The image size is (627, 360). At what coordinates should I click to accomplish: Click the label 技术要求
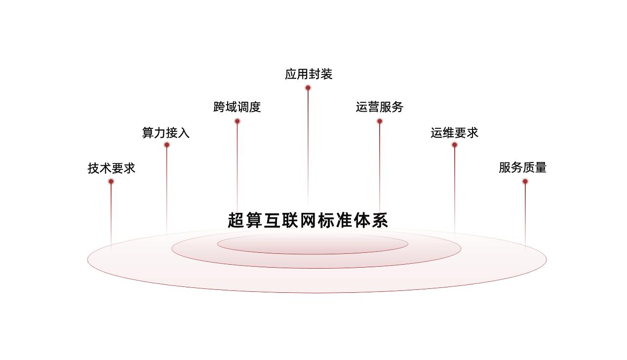point(112,168)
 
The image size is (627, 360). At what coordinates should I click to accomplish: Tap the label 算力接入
point(166,133)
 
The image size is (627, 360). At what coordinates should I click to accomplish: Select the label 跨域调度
point(237,107)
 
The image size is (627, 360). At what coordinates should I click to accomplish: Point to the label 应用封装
point(309,74)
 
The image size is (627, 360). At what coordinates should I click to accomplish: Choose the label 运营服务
point(379,107)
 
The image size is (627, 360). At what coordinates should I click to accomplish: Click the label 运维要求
point(454,133)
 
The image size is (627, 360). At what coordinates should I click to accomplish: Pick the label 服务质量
point(523,167)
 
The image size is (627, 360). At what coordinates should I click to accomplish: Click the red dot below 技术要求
point(111,182)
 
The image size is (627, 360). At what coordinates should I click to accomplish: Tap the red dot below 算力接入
point(167,145)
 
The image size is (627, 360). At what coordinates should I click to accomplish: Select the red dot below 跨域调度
point(237,121)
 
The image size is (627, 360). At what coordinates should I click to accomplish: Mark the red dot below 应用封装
point(308,88)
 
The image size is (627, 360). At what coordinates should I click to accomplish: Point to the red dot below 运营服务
point(380,121)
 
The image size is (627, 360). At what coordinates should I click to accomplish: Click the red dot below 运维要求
point(455,145)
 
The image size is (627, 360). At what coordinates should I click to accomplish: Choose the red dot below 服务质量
point(525,182)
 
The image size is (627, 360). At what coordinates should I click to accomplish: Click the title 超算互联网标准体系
point(308,220)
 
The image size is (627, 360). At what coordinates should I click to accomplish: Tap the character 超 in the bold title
point(236,220)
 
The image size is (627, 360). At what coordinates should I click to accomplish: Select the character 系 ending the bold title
point(380,220)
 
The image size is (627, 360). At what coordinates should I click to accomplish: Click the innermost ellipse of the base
point(313,254)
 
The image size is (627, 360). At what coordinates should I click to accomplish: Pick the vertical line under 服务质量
point(525,215)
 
